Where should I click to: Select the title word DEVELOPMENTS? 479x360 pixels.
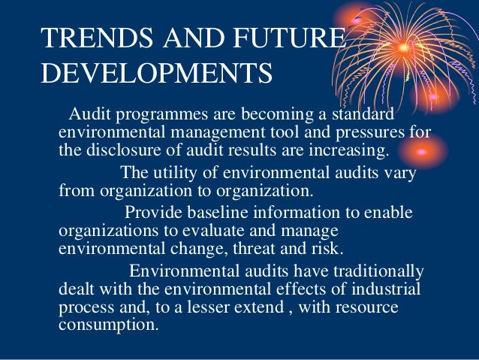156,73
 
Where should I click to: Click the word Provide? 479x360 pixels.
153,213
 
